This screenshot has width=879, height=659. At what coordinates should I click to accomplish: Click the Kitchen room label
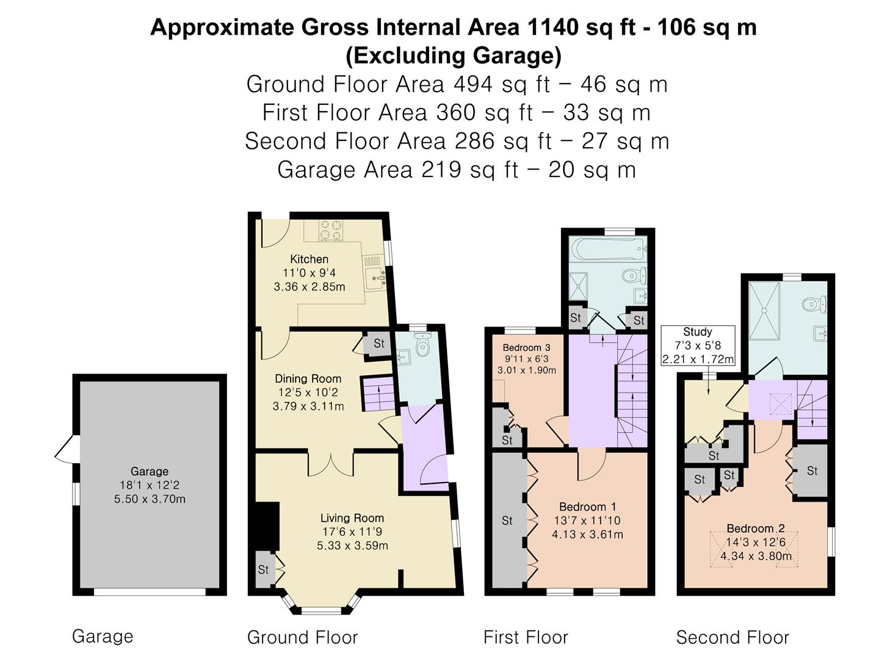(x=309, y=259)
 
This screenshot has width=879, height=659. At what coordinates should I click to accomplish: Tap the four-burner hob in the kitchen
(x=331, y=231)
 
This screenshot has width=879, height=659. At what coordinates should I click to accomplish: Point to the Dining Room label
(x=308, y=378)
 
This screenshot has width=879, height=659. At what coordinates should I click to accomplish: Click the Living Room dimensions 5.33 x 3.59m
(x=352, y=546)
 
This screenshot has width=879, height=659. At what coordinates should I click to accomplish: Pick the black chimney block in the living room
(x=267, y=527)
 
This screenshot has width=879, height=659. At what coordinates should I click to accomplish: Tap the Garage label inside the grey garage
(x=150, y=471)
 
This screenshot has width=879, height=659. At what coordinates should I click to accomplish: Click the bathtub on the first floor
(x=608, y=248)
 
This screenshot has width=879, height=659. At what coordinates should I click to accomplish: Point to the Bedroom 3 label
(x=527, y=347)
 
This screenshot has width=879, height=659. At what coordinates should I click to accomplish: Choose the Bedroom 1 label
(x=587, y=507)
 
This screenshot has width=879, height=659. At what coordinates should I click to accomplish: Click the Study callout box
(x=698, y=346)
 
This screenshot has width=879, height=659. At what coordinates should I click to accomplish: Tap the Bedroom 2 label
(x=756, y=528)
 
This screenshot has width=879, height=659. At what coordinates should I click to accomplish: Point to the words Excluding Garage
(x=454, y=56)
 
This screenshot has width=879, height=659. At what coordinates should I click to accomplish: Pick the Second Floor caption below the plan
(x=733, y=638)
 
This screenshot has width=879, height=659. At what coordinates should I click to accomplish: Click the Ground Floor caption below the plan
(x=302, y=638)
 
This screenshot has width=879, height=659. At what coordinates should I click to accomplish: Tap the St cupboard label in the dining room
(x=379, y=344)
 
